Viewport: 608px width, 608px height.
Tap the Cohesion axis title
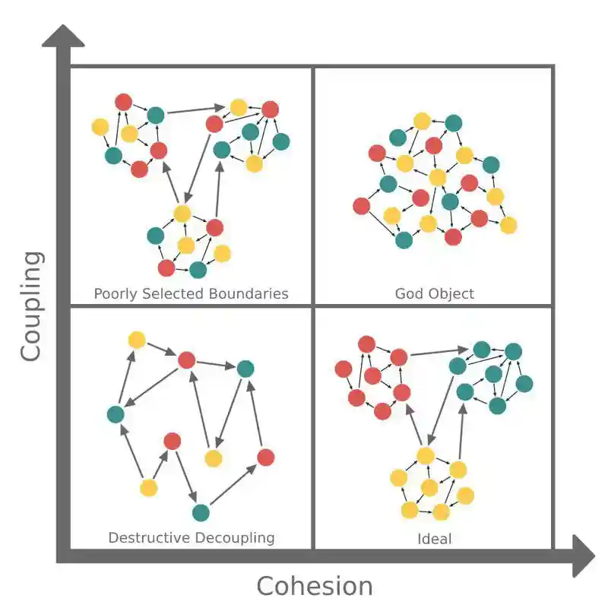point(315,586)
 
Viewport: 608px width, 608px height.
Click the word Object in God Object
point(451,293)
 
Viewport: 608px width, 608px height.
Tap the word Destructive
point(150,538)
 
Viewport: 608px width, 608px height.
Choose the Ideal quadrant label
point(434,539)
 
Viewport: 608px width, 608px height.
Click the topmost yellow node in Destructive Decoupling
point(137,340)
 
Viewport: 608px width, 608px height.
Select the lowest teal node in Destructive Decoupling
point(201,512)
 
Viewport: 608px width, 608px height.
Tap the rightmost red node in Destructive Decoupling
point(265,458)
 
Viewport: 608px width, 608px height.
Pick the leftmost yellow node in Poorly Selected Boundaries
point(100,126)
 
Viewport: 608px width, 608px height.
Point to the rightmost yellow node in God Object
point(508,225)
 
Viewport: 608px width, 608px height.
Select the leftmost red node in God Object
point(362,205)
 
